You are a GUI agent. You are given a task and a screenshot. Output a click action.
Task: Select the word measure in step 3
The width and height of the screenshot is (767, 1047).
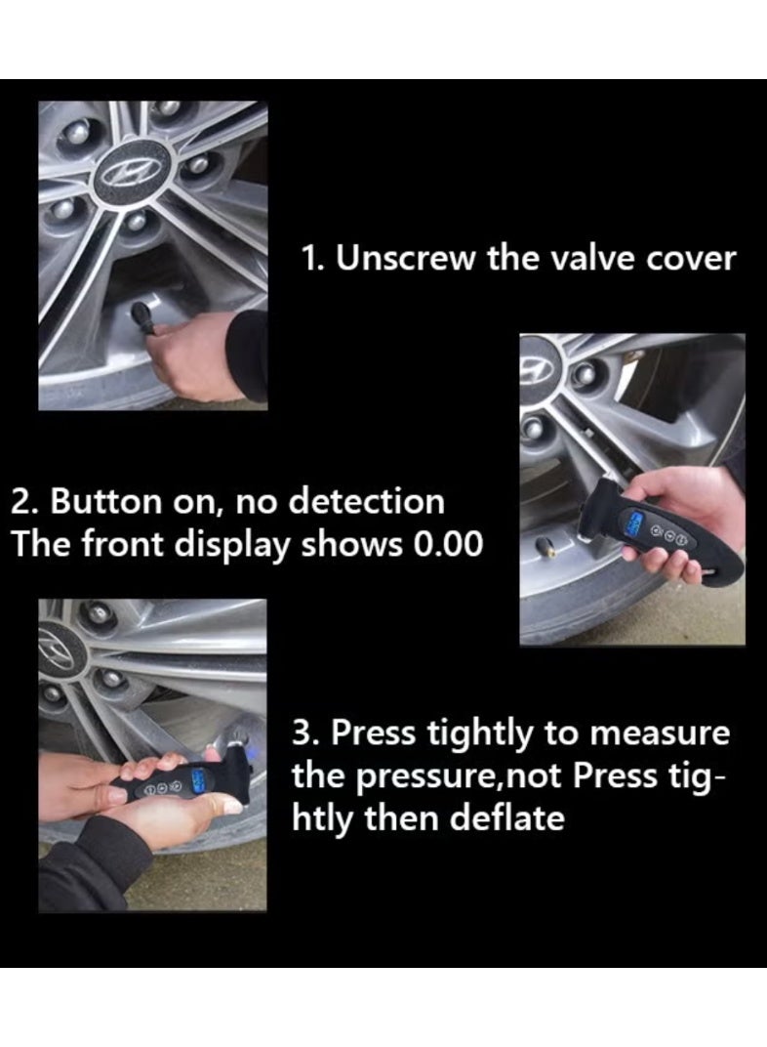pos(661,733)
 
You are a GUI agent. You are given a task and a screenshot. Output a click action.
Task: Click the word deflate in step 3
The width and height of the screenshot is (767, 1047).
pos(507,817)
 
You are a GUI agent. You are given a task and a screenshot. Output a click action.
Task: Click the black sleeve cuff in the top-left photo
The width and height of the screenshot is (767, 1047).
pos(248,356)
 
